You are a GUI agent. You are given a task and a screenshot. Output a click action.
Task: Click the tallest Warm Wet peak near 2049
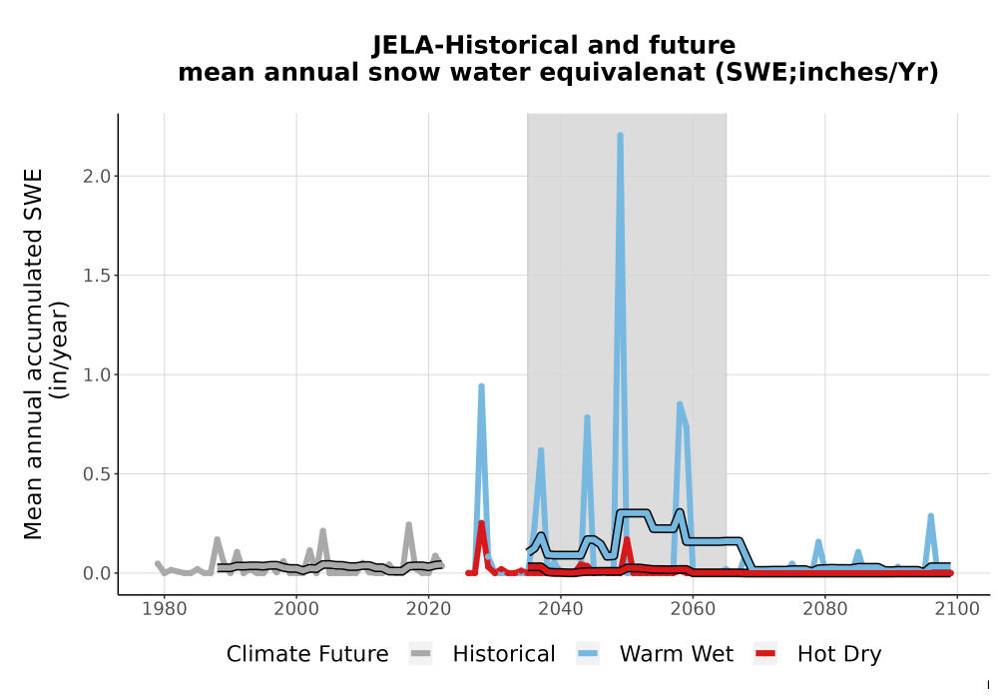point(620,136)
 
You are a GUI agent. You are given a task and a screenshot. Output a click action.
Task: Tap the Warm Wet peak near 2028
point(481,386)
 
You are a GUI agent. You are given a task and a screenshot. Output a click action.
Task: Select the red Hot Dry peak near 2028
point(481,523)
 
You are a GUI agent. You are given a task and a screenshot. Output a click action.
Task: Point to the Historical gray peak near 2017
point(408,525)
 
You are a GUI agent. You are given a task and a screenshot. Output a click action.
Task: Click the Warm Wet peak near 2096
point(930,516)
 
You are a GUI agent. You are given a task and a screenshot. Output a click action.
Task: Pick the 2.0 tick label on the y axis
point(96,177)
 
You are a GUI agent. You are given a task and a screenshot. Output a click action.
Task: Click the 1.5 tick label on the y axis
point(96,276)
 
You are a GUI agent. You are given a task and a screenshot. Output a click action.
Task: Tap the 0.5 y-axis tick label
point(96,474)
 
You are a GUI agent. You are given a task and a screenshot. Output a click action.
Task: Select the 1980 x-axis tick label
point(165,609)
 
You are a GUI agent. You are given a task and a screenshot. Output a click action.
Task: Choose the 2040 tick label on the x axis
point(561,609)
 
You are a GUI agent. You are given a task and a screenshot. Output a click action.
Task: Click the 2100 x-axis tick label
point(957,609)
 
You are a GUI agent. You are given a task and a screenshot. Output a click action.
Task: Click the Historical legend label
point(503,654)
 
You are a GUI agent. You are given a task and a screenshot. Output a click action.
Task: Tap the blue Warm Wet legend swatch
point(588,654)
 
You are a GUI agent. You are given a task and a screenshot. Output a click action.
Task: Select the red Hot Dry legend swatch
point(765,654)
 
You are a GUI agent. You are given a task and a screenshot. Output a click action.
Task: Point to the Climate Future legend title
point(307,654)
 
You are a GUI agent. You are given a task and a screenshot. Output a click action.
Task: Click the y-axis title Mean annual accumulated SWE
point(33,353)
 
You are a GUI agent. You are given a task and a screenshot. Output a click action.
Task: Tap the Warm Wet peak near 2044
point(587,418)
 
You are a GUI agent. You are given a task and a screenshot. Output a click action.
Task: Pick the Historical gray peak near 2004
point(322,531)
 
